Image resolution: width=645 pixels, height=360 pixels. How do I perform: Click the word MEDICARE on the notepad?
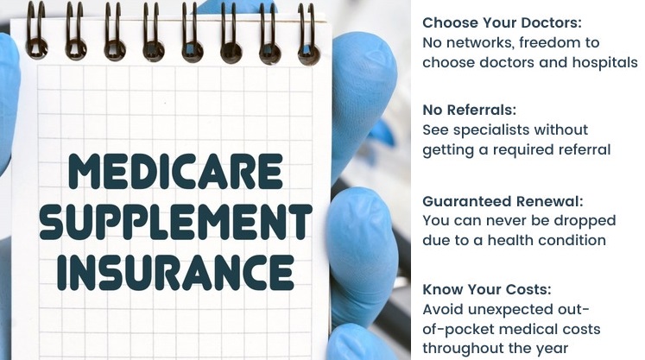(x=175, y=171)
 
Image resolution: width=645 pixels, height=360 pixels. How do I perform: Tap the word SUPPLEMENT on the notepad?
(x=175, y=222)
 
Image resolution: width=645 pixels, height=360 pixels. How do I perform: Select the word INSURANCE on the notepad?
(x=175, y=272)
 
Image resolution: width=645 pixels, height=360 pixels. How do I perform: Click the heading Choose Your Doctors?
(x=503, y=22)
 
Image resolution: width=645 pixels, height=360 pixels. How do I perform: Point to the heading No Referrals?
(x=470, y=110)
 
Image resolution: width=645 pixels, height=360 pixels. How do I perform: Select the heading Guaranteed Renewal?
(x=503, y=202)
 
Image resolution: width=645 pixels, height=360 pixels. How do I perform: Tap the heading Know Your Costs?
(x=487, y=290)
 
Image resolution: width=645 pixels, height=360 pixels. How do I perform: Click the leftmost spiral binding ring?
(x=36, y=31)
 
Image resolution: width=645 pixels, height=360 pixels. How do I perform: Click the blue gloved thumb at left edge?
(x=9, y=95)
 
